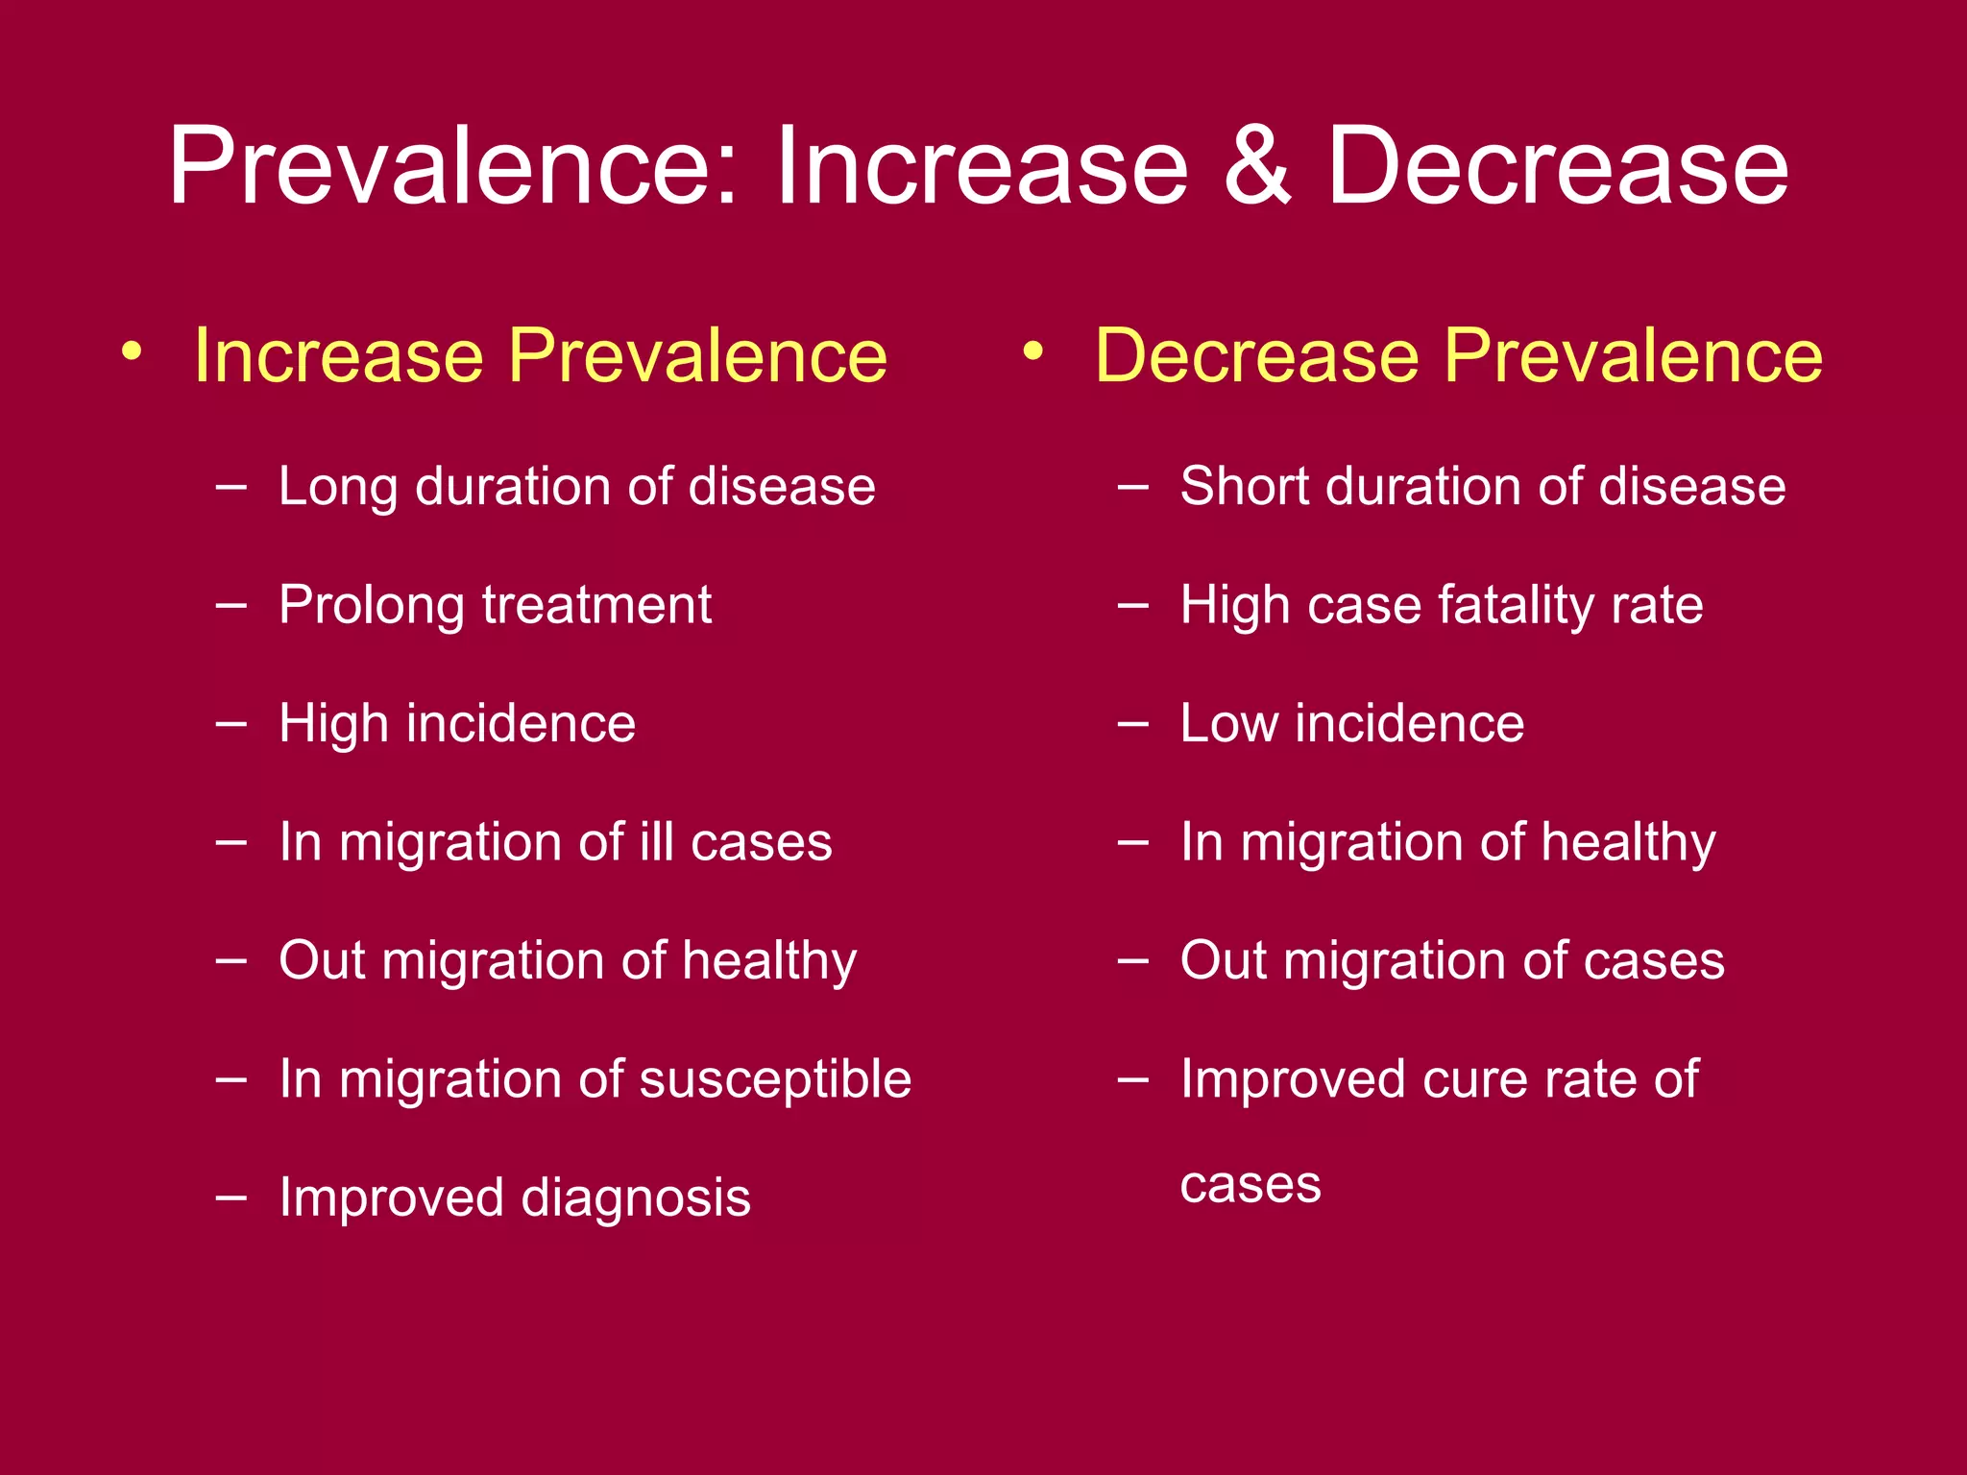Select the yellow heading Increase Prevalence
pyautogui.click(x=540, y=355)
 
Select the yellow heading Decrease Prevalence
pyautogui.click(x=1458, y=355)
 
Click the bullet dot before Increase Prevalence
pyautogui.click(x=133, y=351)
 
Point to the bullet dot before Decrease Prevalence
pyautogui.click(x=1033, y=351)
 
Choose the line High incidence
pyautogui.click(x=457, y=723)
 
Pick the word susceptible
pyautogui.click(x=775, y=1078)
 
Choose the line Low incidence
pyautogui.click(x=1351, y=723)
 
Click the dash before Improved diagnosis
pyautogui.click(x=231, y=1197)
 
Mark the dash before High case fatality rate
pyautogui.click(x=1133, y=606)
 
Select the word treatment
pyautogui.click(x=596, y=606)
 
